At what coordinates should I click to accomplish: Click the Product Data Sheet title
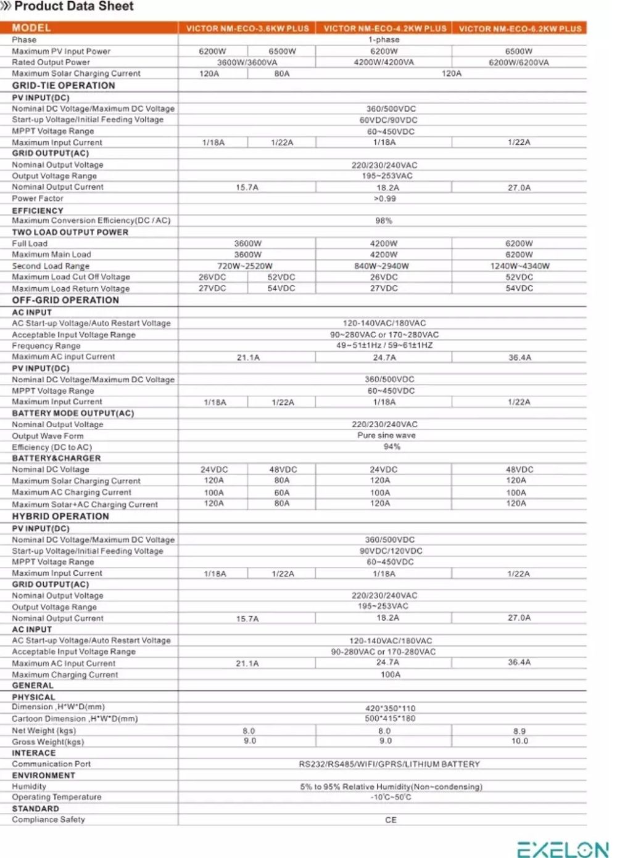click(x=73, y=7)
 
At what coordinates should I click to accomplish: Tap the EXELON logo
click(x=562, y=849)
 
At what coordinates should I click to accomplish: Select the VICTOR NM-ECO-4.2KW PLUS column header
click(x=384, y=28)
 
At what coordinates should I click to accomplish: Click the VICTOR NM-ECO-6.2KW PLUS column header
click(x=520, y=28)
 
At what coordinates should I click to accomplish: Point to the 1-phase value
click(x=384, y=39)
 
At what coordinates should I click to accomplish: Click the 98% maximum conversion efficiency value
click(x=384, y=221)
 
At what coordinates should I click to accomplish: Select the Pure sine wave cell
click(x=386, y=435)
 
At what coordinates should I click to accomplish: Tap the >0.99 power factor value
click(x=384, y=198)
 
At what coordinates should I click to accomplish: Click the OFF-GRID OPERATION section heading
click(x=65, y=300)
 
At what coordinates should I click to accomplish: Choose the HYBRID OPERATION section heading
click(x=60, y=517)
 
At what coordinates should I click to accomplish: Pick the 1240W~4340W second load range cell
click(x=520, y=266)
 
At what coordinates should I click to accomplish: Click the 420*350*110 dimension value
click(x=390, y=708)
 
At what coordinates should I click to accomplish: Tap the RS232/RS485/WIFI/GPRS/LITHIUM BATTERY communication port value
click(x=389, y=764)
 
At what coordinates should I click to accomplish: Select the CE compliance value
click(x=391, y=820)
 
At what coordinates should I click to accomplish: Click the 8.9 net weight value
click(x=520, y=731)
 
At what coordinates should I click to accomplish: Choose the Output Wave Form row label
click(x=48, y=436)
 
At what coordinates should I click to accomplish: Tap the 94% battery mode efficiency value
click(x=391, y=446)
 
